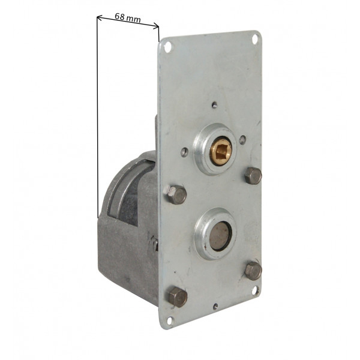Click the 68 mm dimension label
coord(127,17)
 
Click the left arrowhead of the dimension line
coord(99,17)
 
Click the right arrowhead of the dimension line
coord(156,26)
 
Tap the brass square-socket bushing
coord(221,150)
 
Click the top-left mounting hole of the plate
coord(168,47)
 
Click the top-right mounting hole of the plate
coord(255,39)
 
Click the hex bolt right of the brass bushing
coord(253,176)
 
